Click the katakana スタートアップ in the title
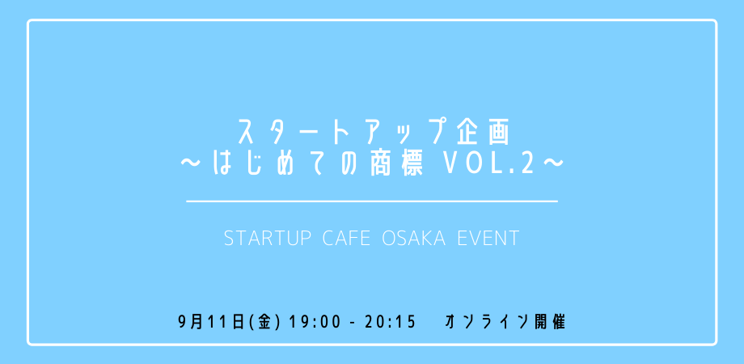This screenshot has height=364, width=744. (x=340, y=133)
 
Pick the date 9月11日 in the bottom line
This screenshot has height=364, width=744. (x=213, y=323)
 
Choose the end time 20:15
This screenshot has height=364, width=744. (x=390, y=323)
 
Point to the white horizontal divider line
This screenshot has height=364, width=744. (x=372, y=201)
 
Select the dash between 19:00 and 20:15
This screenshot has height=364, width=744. (x=353, y=324)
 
